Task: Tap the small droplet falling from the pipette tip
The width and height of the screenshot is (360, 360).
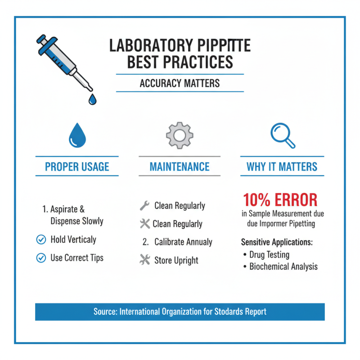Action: [92, 99]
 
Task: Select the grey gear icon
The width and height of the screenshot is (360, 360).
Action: [180, 134]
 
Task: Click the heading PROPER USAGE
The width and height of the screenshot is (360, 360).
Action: [77, 167]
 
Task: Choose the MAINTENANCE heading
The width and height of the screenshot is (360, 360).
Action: [180, 167]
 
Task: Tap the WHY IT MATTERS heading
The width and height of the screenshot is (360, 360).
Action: [282, 167]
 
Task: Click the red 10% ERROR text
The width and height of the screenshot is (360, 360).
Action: [280, 200]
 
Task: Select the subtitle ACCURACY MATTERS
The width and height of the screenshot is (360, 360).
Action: [180, 83]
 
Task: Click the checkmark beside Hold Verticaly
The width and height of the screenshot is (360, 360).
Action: [41, 240]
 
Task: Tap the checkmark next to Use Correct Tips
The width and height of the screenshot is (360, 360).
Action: [41, 258]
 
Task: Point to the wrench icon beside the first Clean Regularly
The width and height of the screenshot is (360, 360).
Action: [144, 206]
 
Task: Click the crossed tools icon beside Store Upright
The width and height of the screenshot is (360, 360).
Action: [144, 260]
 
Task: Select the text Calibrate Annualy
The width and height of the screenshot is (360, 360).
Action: [183, 242]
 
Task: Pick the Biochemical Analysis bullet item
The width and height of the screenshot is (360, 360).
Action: [283, 266]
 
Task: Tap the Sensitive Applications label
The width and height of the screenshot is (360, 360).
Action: [276, 242]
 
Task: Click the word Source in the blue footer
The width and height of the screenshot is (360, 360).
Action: [104, 311]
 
